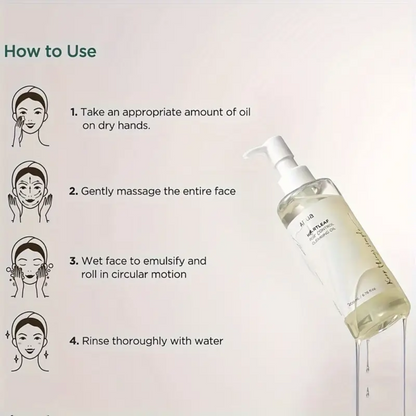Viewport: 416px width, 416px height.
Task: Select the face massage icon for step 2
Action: pyautogui.click(x=31, y=189)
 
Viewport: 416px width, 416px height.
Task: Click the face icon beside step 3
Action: pyautogui.click(x=31, y=264)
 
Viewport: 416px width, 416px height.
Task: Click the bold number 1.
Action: pyautogui.click(x=73, y=114)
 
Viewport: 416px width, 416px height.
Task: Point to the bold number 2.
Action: pyautogui.click(x=74, y=189)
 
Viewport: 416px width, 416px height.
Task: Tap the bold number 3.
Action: pyautogui.click(x=74, y=260)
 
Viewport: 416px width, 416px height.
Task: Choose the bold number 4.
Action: pyautogui.click(x=74, y=340)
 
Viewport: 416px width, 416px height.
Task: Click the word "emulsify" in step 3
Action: pyautogui.click(x=179, y=260)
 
